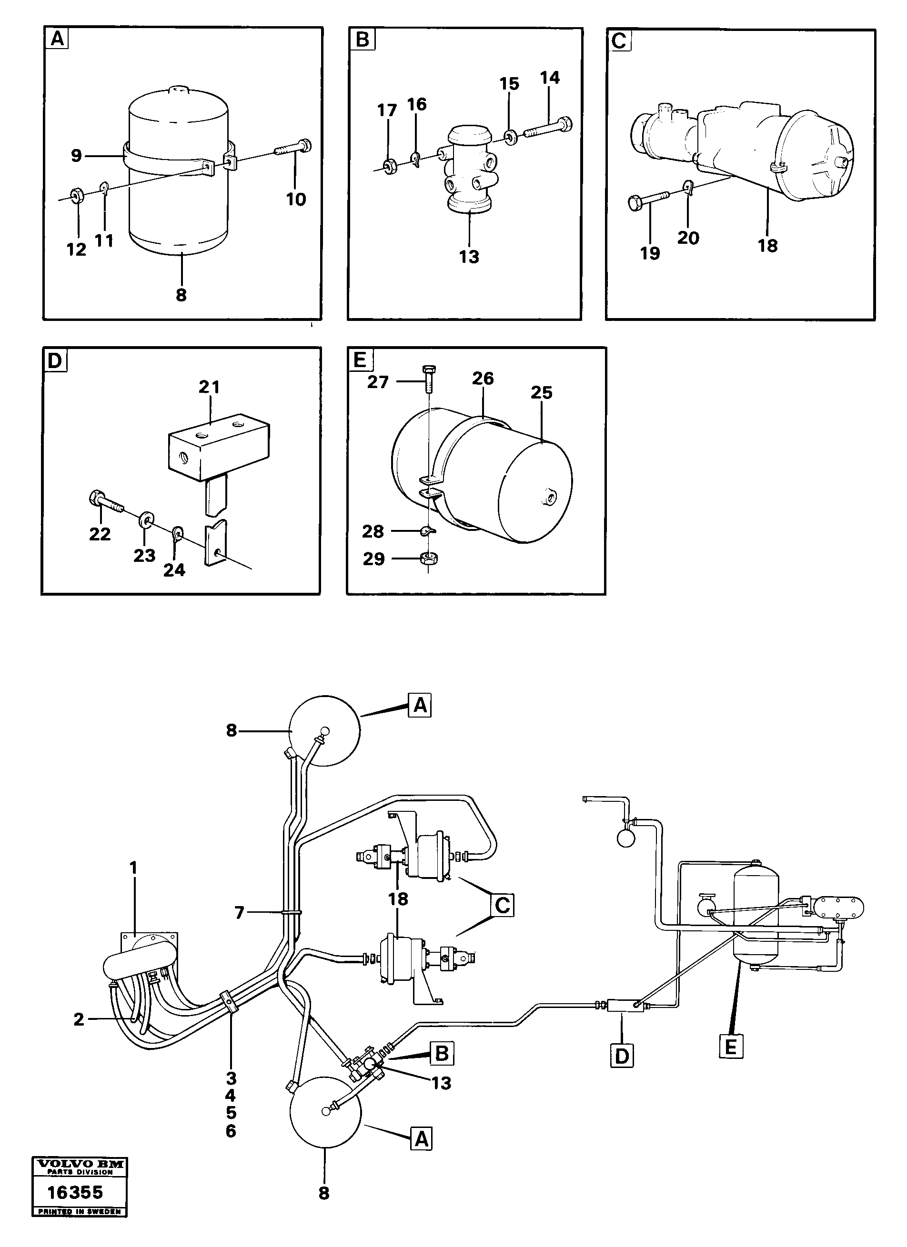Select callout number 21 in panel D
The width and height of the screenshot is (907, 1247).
tap(209, 388)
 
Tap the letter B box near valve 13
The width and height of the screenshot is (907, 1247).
tap(442, 1054)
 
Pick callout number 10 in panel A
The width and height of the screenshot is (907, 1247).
tap(296, 199)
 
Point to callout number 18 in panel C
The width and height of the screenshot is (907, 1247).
tap(767, 245)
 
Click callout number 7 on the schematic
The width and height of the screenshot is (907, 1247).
tap(239, 913)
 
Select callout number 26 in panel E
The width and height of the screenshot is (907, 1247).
tap(483, 378)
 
